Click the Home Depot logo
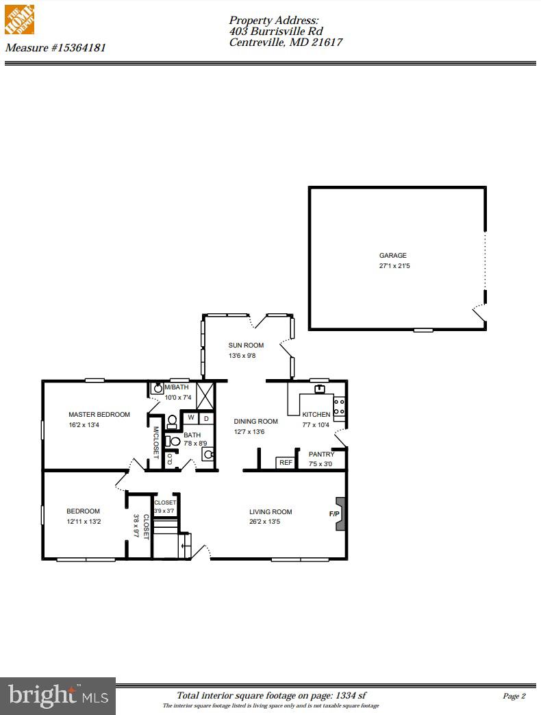[x=19, y=19]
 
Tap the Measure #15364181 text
[x=55, y=48]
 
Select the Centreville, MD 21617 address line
[x=286, y=43]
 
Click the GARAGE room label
[x=392, y=256]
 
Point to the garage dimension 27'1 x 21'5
[x=394, y=265]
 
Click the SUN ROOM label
[x=246, y=346]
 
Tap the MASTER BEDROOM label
[x=99, y=415]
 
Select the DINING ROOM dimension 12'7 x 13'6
[x=249, y=432]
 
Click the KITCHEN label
[x=316, y=415]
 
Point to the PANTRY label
[x=321, y=455]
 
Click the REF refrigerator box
[x=286, y=463]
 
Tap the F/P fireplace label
[x=334, y=513]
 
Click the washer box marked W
[x=191, y=418]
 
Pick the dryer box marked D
[x=205, y=418]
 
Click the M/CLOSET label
[x=156, y=443]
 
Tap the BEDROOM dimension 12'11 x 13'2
[x=84, y=522]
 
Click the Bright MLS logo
[x=58, y=696]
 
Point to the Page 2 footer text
[x=514, y=696]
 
